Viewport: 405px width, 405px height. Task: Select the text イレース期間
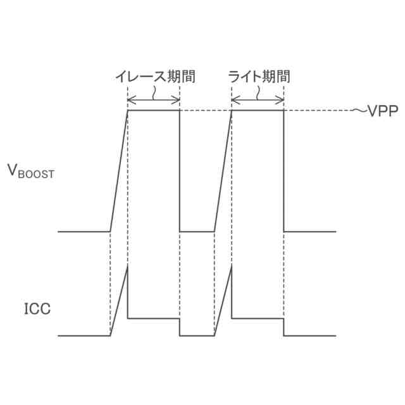(154, 77)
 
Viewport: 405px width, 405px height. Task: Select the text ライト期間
(259, 77)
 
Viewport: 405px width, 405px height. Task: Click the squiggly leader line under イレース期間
(154, 92)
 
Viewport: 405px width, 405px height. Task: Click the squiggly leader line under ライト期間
(258, 92)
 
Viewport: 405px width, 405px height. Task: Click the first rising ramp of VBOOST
(119, 171)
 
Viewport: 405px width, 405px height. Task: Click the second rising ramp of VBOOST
(223, 171)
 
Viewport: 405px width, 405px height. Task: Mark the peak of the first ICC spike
(128, 266)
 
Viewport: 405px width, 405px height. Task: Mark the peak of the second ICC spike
(232, 266)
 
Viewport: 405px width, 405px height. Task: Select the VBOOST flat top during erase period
(154, 111)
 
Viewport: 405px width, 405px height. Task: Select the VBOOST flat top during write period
(258, 111)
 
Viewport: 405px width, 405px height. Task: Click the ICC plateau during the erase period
(154, 318)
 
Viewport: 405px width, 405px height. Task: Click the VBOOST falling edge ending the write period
(283, 171)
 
